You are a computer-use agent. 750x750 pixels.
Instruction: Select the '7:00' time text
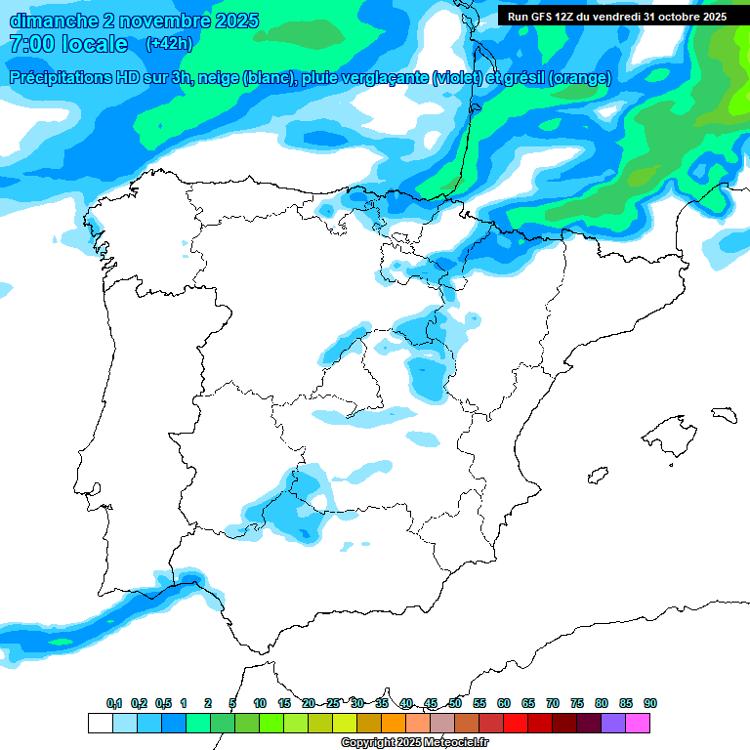30,44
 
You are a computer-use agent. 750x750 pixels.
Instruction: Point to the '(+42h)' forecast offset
169,44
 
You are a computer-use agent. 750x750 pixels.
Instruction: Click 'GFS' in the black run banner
543,17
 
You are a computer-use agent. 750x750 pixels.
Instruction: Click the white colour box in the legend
100,723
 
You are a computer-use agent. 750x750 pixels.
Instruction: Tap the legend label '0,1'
114,703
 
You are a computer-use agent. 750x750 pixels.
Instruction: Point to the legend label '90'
649,703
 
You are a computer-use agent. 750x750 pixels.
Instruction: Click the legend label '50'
455,703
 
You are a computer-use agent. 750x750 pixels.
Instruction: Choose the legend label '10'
260,703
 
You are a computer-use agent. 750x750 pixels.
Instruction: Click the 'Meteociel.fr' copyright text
448,743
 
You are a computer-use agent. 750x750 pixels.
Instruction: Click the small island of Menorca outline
724,414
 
